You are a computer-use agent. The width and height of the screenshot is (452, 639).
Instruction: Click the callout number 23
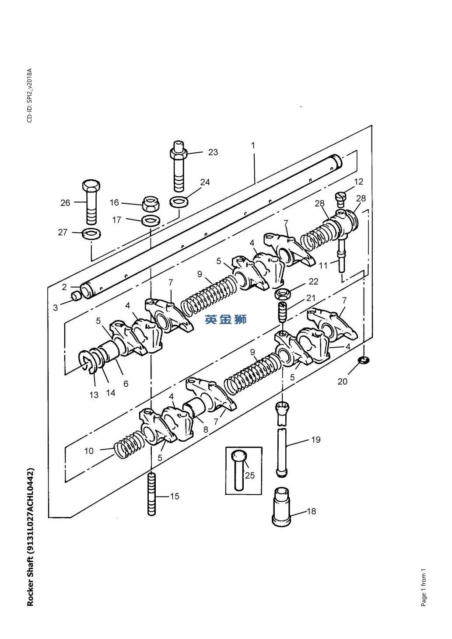(x=213, y=152)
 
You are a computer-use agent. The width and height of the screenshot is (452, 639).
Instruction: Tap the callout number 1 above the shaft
(x=253, y=146)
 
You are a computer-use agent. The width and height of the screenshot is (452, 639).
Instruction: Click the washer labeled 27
(x=91, y=234)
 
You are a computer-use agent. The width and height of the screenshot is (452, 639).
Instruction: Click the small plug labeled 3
(x=76, y=296)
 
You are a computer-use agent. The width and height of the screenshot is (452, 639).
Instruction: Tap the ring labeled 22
(x=283, y=293)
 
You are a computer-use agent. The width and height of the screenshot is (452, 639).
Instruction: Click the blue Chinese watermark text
(x=225, y=319)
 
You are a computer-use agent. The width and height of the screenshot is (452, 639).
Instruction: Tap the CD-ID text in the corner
(x=30, y=95)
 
